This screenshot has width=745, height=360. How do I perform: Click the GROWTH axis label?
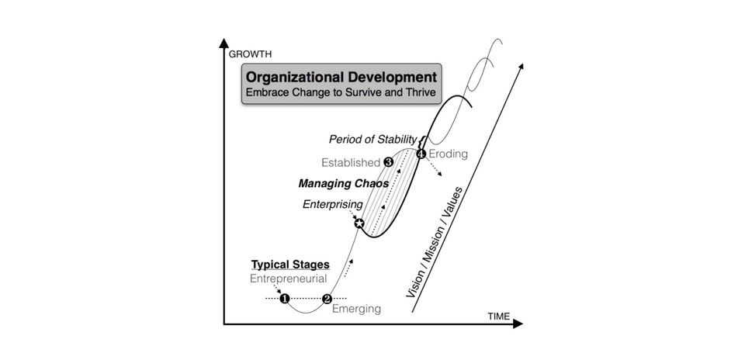click(251, 54)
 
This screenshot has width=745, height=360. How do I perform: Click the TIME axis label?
click(498, 317)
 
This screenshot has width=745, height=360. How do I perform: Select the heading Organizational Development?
click(341, 77)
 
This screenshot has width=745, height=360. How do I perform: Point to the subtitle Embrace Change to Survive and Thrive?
click(341, 92)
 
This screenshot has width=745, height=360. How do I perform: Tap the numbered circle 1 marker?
click(285, 299)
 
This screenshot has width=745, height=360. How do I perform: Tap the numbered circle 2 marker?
click(327, 299)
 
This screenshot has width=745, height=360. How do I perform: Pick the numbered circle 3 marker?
click(388, 162)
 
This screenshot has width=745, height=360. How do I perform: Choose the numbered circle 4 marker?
click(421, 154)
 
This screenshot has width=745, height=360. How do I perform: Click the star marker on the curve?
click(359, 223)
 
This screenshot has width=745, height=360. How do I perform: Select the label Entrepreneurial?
click(289, 279)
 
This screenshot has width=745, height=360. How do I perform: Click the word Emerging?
click(356, 309)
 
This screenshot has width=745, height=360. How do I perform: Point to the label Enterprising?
click(333, 205)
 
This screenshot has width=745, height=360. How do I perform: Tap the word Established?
click(351, 163)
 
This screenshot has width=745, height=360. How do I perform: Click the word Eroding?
click(448, 154)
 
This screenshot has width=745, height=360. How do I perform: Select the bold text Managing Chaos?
click(344, 183)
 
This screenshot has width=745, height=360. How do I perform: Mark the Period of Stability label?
click(373, 140)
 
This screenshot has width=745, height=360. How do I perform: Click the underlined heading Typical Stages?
click(290, 265)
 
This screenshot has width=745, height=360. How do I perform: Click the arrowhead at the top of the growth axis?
click(223, 43)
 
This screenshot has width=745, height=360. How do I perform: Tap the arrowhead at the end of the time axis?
click(518, 324)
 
